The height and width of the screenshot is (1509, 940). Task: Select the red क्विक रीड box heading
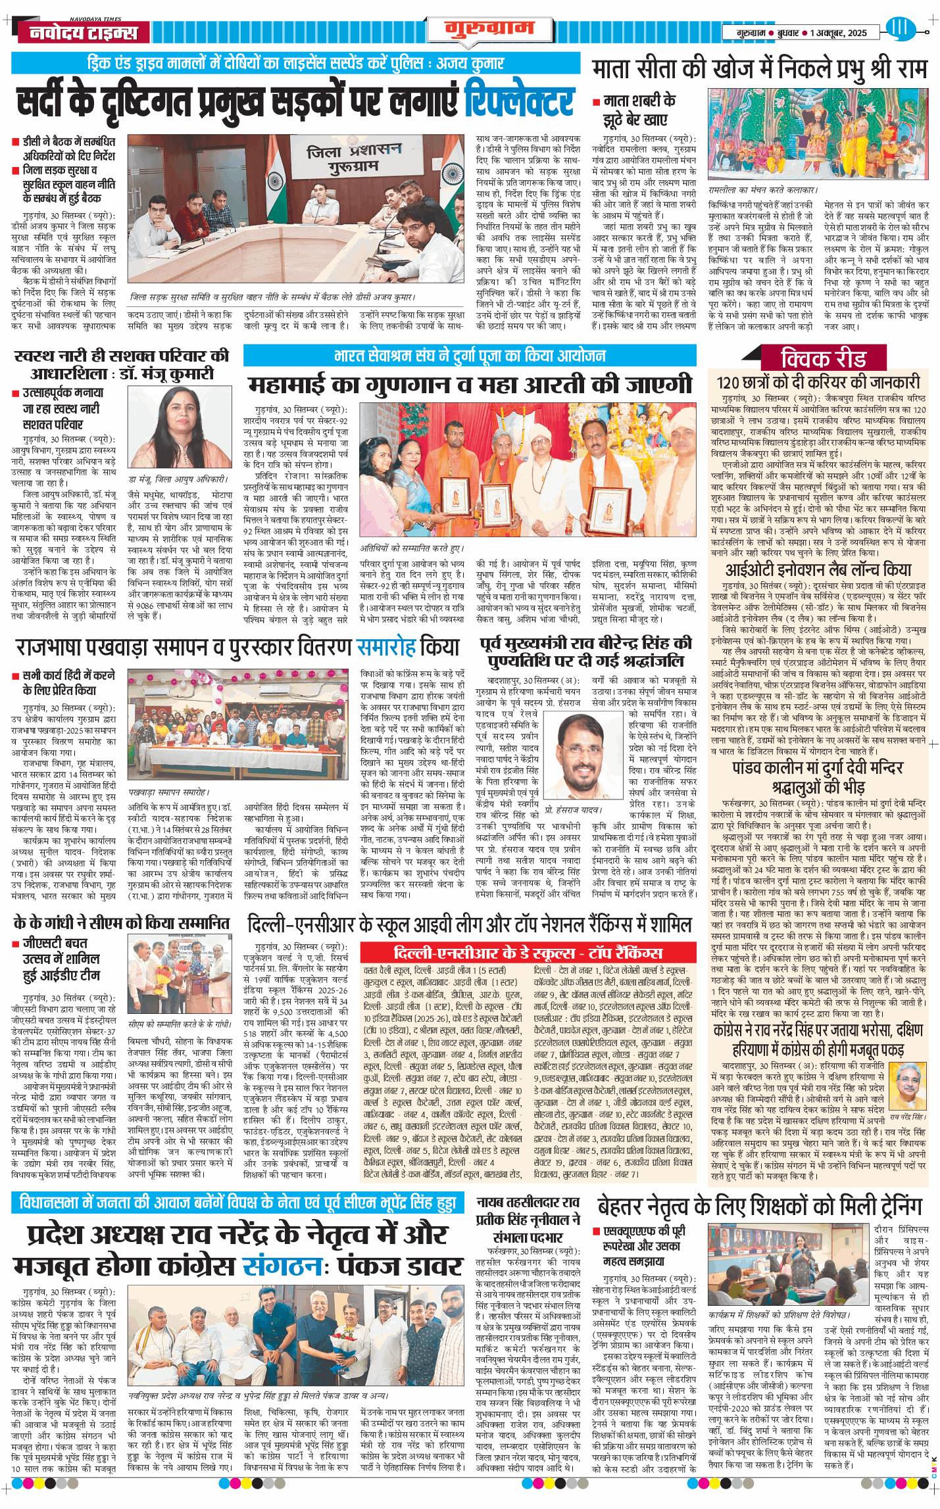[823, 359]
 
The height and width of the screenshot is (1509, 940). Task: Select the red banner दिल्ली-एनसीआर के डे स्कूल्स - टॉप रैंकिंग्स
[528, 953]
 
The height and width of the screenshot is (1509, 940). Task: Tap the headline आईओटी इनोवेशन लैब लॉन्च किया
[818, 569]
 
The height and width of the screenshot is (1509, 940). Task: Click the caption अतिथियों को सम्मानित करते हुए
[412, 548]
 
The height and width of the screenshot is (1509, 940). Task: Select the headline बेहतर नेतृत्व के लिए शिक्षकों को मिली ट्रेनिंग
[760, 1206]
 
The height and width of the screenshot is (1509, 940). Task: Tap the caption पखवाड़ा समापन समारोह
[169, 792]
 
